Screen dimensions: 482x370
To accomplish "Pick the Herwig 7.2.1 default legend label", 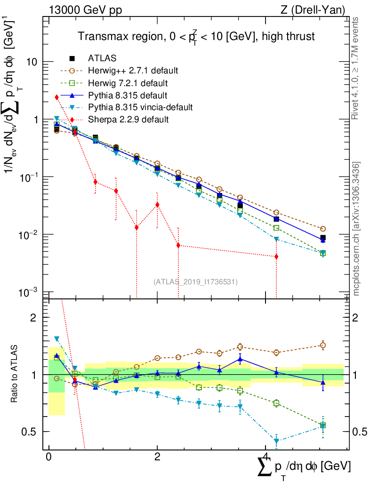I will (x=128, y=83).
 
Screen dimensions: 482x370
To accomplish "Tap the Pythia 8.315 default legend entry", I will (x=128, y=95).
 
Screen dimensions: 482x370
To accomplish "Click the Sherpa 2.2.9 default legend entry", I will (x=128, y=120).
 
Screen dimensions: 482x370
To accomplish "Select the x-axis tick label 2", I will (x=157, y=457).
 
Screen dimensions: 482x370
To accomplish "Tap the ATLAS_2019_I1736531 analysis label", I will (x=195, y=282).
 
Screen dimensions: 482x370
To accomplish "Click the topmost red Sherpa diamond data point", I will (x=57, y=97).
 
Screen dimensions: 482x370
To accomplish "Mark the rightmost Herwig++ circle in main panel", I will (x=323, y=229).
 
